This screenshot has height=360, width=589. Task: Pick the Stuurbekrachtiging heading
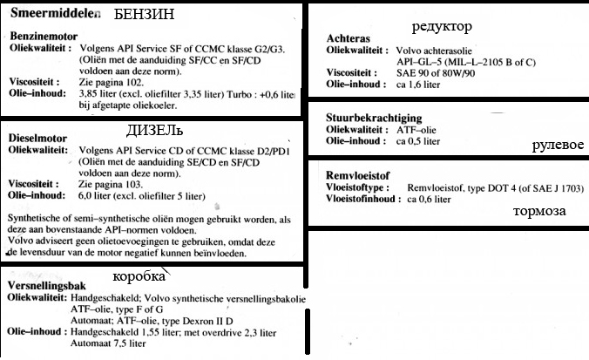[376, 119]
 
